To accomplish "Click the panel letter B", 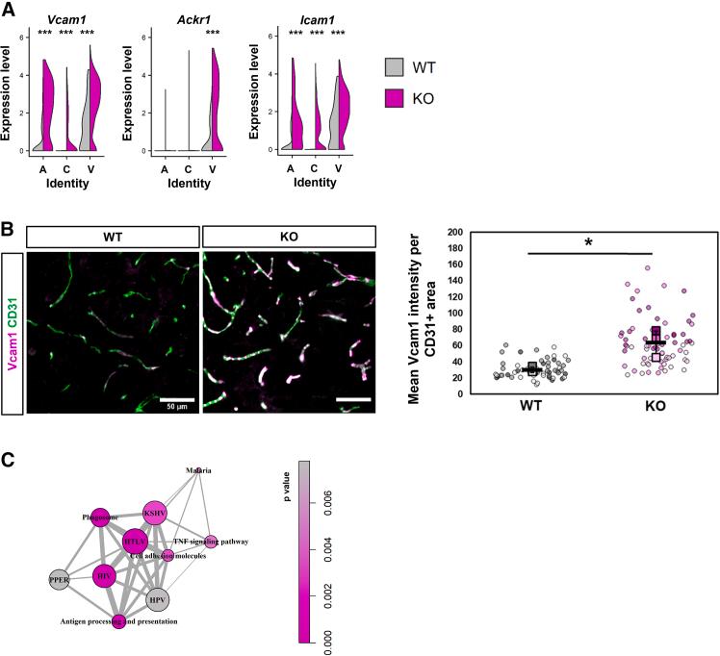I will click(8, 231).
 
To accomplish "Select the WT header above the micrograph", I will click(113, 237).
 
